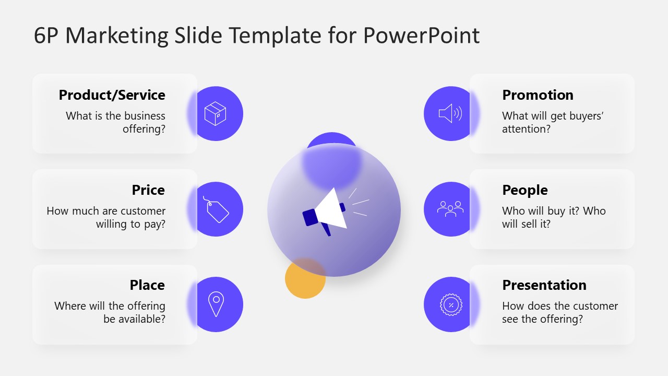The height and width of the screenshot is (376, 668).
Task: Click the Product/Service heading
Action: (x=112, y=95)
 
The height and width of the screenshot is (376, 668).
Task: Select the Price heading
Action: (x=148, y=190)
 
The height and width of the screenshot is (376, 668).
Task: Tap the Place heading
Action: (x=147, y=285)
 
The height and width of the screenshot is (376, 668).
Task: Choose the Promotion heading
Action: (x=538, y=95)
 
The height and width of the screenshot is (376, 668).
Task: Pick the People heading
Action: (x=524, y=190)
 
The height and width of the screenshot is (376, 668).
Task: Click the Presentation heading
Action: (x=544, y=285)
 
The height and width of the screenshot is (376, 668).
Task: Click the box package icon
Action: (x=215, y=113)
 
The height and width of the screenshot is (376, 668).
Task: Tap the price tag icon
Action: (x=216, y=209)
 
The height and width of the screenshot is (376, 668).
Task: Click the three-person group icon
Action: (x=450, y=209)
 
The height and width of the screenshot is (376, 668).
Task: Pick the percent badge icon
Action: (x=451, y=304)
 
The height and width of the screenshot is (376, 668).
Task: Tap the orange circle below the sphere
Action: (x=305, y=279)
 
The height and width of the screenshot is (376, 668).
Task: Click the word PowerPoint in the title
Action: (x=421, y=36)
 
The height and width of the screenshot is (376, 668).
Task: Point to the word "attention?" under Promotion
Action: (x=526, y=128)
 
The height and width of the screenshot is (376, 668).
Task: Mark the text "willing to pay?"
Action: (x=130, y=224)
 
